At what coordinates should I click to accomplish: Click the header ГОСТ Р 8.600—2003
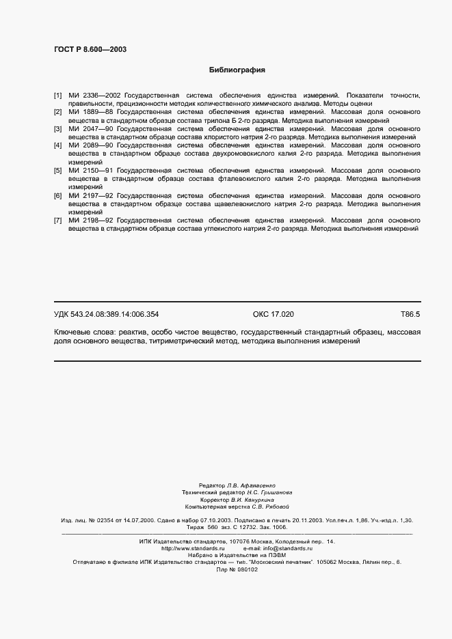click(x=90, y=49)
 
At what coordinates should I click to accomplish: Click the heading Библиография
click(x=237, y=70)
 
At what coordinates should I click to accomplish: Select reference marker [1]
click(x=58, y=95)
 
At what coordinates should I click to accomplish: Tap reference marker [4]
click(x=58, y=145)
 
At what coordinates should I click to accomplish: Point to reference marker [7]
click(x=58, y=221)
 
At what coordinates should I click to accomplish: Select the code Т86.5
click(x=410, y=314)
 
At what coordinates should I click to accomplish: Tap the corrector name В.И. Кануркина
click(x=251, y=499)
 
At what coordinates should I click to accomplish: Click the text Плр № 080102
click(x=237, y=570)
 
